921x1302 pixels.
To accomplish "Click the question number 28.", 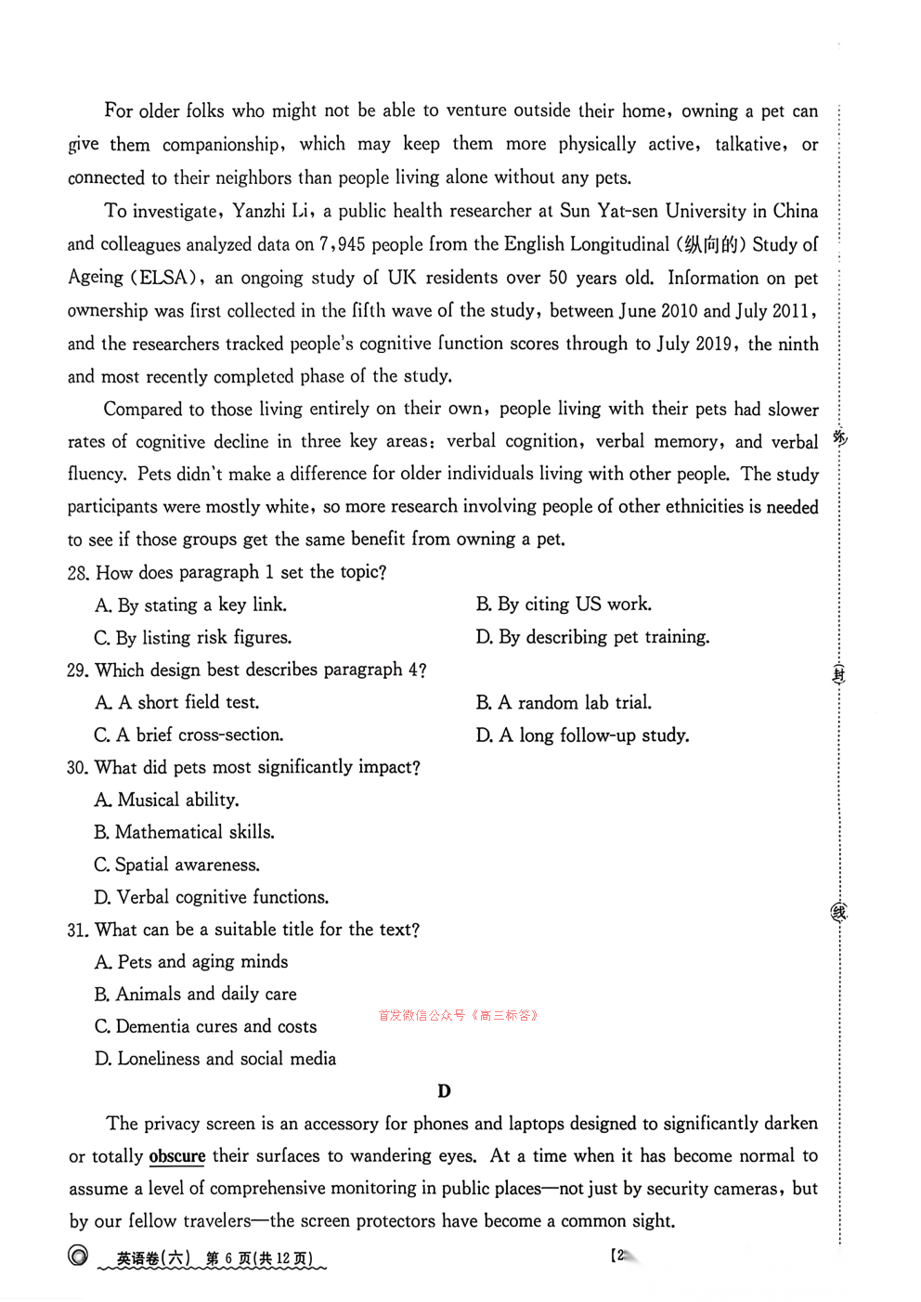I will pos(78,573).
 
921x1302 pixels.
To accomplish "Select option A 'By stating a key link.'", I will pos(190,605).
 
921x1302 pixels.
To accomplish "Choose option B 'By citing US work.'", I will pos(564,605).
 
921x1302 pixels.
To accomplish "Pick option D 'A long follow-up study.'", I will pos(582,736).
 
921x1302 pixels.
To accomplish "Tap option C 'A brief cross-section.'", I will pos(188,735).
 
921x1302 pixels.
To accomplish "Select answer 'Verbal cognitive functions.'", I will pos(212,897).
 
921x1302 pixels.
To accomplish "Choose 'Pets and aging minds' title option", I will pos(191,962).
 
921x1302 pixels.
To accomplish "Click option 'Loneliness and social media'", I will pos(215,1059).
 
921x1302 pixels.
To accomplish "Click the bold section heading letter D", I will pos(444,1091).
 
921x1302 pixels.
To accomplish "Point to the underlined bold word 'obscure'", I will pos(177,1156).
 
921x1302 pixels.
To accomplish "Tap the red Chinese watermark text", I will pos(459,1015).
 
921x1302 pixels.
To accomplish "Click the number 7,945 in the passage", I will pos(343,244).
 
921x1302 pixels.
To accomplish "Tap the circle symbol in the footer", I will pos(79,1256).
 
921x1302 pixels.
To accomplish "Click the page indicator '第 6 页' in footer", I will pos(228,1259).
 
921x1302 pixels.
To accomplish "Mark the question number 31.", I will pos(77,931).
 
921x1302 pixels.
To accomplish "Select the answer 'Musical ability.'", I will pos(167,800).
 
